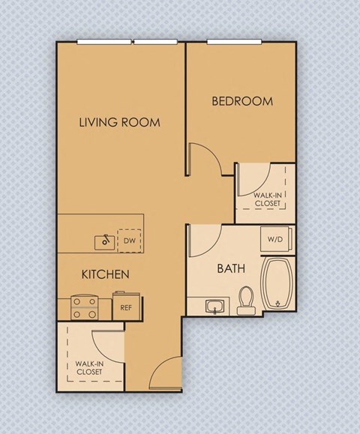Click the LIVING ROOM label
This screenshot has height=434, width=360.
click(120, 122)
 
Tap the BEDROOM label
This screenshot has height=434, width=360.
click(241, 101)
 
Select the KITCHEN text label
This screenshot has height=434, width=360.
click(105, 275)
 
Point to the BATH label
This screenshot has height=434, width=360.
click(229, 268)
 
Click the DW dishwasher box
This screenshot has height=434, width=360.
click(130, 241)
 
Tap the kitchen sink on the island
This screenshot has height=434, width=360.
click(104, 241)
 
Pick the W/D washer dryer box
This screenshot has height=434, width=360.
click(275, 240)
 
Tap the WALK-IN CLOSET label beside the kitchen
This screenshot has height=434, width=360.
click(88, 367)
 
